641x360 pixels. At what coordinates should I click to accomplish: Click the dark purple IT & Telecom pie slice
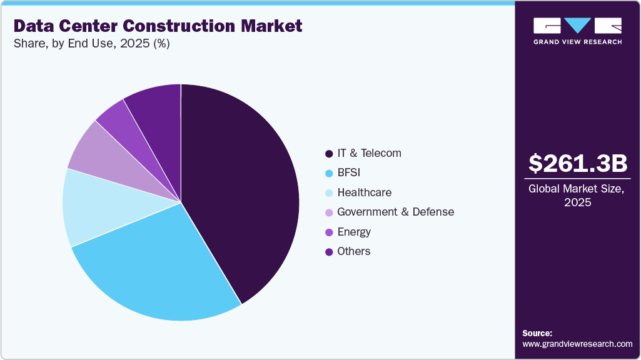(244, 187)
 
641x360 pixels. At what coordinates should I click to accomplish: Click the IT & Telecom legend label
(369, 153)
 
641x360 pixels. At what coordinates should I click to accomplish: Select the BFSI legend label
(350, 172)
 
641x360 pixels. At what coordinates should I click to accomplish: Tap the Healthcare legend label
(364, 192)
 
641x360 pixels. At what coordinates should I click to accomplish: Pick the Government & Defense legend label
(395, 212)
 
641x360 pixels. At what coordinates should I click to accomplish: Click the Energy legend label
(354, 232)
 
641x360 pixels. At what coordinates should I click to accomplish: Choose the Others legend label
(354, 251)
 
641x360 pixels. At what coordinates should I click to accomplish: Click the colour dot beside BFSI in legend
(329, 173)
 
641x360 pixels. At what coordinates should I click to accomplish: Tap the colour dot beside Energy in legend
(329, 232)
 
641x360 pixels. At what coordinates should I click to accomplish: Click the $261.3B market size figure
(577, 163)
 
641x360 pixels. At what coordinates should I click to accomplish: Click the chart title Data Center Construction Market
(158, 26)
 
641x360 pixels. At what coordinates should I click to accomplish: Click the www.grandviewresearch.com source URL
(577, 344)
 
